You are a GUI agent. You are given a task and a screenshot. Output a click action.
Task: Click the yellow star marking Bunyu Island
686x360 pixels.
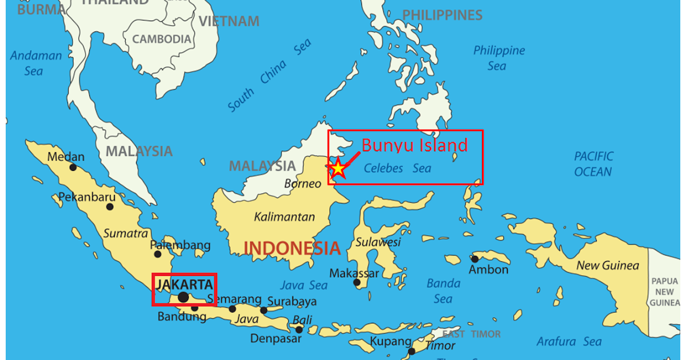[x=338, y=168]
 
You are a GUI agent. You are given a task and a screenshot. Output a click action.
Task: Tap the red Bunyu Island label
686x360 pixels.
[x=414, y=145]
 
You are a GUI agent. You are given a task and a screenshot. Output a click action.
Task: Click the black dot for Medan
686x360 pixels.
[x=73, y=167]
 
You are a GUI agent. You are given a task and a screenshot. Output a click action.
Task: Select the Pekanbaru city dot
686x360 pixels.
[x=110, y=206]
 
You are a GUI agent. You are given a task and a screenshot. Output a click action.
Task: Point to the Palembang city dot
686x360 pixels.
[x=158, y=254]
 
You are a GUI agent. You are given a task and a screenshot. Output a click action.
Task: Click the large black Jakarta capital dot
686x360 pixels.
[x=183, y=297]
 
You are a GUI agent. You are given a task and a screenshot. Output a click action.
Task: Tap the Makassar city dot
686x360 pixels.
[x=357, y=282]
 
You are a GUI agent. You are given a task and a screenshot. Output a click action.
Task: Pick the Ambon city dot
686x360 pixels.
[x=474, y=259]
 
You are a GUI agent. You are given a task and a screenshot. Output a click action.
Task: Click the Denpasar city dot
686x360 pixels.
[x=299, y=330]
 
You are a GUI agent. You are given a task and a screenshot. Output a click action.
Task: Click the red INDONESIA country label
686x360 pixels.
[x=292, y=248]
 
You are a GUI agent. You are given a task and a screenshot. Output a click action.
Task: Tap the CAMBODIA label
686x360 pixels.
[x=162, y=39]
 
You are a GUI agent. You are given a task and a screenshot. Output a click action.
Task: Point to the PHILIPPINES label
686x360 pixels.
[x=442, y=15]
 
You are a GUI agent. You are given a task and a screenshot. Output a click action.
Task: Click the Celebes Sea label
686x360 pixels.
[x=397, y=169]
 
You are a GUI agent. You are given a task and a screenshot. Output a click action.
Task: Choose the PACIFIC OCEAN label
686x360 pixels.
[x=593, y=164]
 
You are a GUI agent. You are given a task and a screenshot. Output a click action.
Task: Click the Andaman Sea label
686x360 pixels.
[x=35, y=63]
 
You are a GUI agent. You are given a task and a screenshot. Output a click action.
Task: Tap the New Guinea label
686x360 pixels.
[x=608, y=265]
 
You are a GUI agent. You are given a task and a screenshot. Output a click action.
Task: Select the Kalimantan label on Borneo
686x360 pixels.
[x=285, y=217]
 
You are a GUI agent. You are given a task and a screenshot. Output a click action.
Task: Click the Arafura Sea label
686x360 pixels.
[x=569, y=342]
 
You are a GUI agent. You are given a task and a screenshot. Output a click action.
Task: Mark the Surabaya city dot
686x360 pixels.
[x=264, y=310]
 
